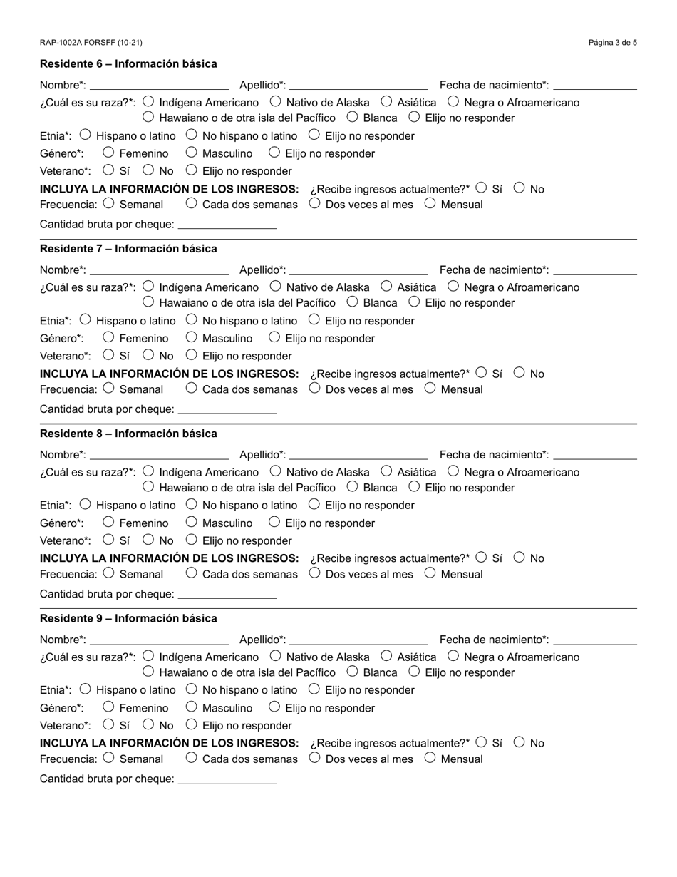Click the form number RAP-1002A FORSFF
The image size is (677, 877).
click(91, 43)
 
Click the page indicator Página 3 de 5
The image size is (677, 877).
click(612, 43)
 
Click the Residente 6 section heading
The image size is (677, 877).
click(128, 64)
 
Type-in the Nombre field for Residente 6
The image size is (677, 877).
click(159, 84)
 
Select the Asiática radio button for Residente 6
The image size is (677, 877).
click(386, 102)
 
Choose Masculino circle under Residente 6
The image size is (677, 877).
click(191, 152)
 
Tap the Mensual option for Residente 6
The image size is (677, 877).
click(430, 203)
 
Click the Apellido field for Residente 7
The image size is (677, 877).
click(358, 269)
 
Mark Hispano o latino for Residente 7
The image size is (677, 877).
click(86, 319)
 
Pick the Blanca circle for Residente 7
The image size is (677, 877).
click(352, 302)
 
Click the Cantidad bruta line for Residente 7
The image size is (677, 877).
click(227, 409)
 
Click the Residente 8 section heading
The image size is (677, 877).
click(128, 434)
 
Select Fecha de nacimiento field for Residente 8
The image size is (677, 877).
click(594, 453)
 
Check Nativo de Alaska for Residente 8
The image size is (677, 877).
click(276, 471)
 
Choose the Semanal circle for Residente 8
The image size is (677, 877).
click(108, 573)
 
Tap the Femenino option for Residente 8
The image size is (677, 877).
click(108, 522)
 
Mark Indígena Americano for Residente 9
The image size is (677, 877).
click(149, 656)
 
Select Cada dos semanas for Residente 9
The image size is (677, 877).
click(191, 757)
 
